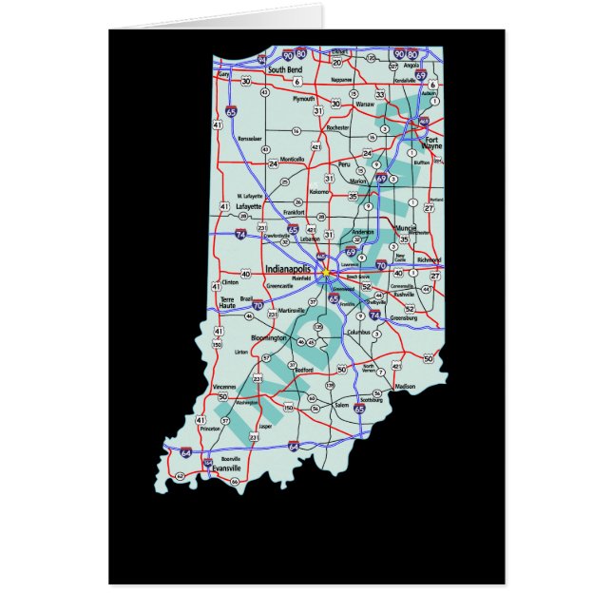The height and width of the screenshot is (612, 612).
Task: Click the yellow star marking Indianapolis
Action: coord(325,271)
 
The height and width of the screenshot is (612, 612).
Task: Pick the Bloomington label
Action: coord(269,338)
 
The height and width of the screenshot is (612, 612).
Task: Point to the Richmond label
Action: coord(429,259)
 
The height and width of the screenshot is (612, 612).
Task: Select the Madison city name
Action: coord(405,387)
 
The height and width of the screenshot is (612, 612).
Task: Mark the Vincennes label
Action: coord(225,387)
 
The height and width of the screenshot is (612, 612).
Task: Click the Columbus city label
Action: coord(358,333)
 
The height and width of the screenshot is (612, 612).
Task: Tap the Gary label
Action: coord(225,73)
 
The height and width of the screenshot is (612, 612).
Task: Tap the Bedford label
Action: coord(304,372)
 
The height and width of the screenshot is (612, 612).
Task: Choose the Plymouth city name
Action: coord(303,99)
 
